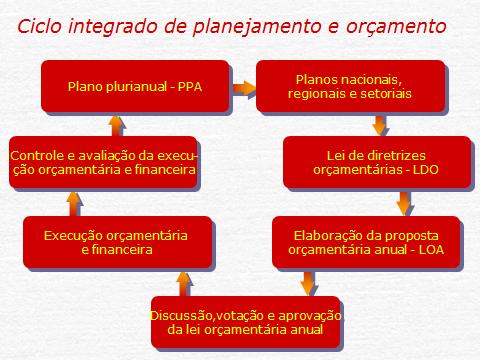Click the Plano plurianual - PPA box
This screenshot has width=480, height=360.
[x=135, y=86]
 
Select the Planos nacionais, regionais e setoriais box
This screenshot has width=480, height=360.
[x=349, y=86]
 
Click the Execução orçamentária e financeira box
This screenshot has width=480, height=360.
[x=117, y=242]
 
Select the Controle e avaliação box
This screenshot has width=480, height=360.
[x=103, y=162]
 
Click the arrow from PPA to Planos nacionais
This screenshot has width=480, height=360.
[x=243, y=87]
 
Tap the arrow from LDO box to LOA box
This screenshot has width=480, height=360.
[x=403, y=203]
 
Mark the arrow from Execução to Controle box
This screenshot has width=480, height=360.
[x=72, y=203]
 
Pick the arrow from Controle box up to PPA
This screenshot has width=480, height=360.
[x=116, y=124]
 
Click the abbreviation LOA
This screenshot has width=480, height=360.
[x=429, y=250]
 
